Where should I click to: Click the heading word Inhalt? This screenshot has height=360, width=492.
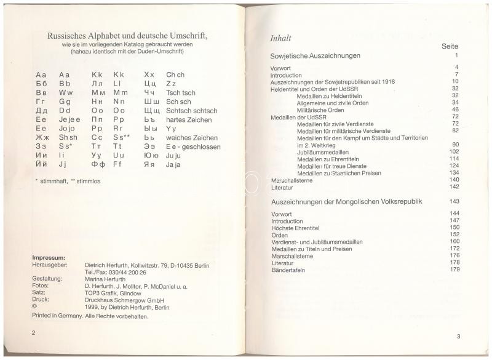coord(280,38)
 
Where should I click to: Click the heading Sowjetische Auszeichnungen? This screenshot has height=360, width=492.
coord(315,55)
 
